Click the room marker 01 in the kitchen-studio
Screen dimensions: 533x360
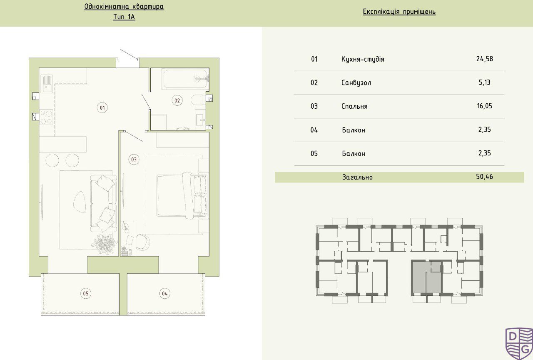(102, 107)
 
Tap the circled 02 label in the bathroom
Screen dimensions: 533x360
(177, 100)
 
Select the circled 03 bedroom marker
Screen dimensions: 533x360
(134, 159)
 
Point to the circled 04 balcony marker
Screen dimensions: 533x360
(165, 293)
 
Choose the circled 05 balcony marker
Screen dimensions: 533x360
(86, 293)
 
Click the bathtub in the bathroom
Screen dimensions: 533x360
(185, 79)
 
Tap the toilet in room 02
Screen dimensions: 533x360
(197, 100)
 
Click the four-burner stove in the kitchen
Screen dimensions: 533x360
(46, 117)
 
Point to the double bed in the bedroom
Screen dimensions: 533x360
(182, 195)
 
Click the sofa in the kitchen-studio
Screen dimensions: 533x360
(104, 203)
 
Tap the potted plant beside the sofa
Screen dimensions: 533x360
(105, 244)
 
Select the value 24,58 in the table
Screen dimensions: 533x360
(484, 59)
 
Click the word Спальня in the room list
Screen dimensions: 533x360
(354, 106)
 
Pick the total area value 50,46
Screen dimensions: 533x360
(484, 177)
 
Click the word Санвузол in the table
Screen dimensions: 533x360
(356, 82)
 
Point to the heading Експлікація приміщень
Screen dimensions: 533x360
(399, 12)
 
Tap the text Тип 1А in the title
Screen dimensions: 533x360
(124, 17)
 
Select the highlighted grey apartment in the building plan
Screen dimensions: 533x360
(426, 278)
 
